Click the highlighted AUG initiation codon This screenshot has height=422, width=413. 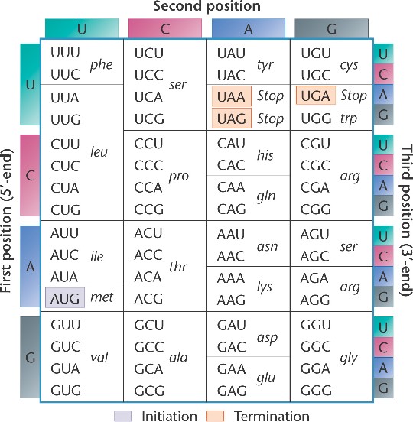pyautogui.click(x=65, y=297)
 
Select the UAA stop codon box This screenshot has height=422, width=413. pyautogui.click(x=232, y=96)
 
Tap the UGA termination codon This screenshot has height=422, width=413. pyautogui.click(x=316, y=96)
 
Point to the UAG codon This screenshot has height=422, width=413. pyautogui.click(x=232, y=118)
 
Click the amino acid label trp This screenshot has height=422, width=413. pyautogui.click(x=349, y=118)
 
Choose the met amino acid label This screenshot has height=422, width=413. pyautogui.click(x=102, y=297)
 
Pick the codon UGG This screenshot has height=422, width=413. pyautogui.click(x=316, y=118)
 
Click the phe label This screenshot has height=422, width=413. pyautogui.click(x=101, y=65)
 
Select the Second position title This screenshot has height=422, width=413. pyautogui.click(x=206, y=6)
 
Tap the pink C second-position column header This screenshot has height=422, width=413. pyautogui.click(x=165, y=28)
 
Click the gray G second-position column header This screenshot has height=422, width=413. pyautogui.click(x=331, y=28)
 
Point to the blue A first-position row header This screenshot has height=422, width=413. pyautogui.click(x=30, y=266)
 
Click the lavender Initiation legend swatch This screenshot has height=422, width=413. pyautogui.click(x=123, y=416)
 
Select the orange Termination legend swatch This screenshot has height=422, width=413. pyautogui.click(x=215, y=416)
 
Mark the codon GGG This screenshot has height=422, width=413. pyautogui.click(x=316, y=391)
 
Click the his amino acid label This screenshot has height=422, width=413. pyautogui.click(x=265, y=155)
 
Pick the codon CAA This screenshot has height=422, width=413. pyautogui.click(x=231, y=187)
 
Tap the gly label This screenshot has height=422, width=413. pyautogui.click(x=349, y=359)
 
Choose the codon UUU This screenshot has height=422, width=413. pyautogui.click(x=65, y=53)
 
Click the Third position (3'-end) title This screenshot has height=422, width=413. pyautogui.click(x=407, y=221)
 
